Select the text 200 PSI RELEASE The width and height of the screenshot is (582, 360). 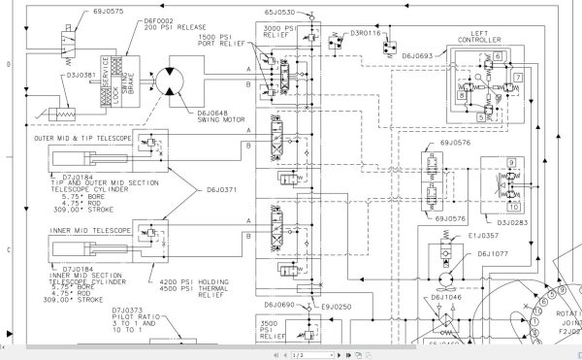(149, 27)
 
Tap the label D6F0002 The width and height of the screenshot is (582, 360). (140, 18)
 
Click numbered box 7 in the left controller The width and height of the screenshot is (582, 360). (519, 77)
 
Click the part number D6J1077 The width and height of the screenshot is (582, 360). (493, 252)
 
